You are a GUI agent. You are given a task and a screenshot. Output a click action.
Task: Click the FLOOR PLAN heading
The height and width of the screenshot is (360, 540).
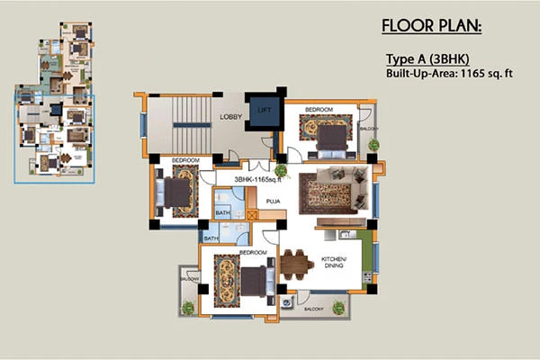click(431, 24)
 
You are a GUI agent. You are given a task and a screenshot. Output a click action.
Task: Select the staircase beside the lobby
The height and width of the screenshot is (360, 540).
click(179, 121)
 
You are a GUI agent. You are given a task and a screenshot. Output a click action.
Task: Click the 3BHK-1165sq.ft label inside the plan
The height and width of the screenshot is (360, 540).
click(258, 181)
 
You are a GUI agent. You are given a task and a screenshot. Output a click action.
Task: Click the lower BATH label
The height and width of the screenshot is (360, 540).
click(211, 238)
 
